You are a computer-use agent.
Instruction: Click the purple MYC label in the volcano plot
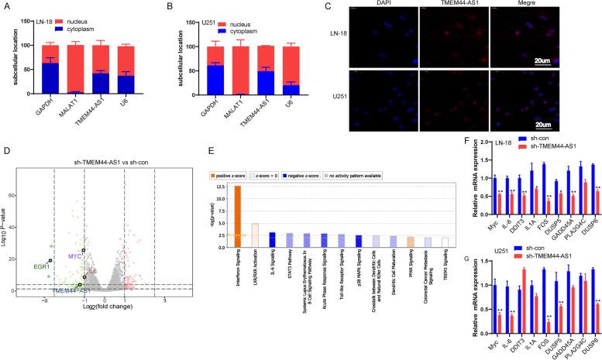pos(74,233)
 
